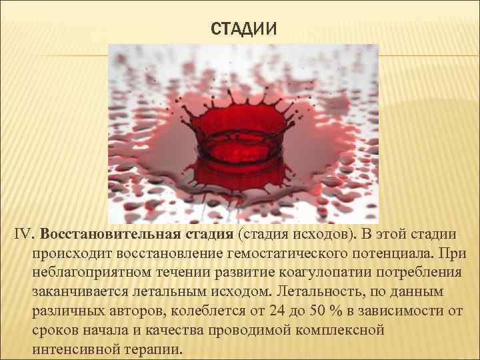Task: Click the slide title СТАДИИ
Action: pos(243,29)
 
